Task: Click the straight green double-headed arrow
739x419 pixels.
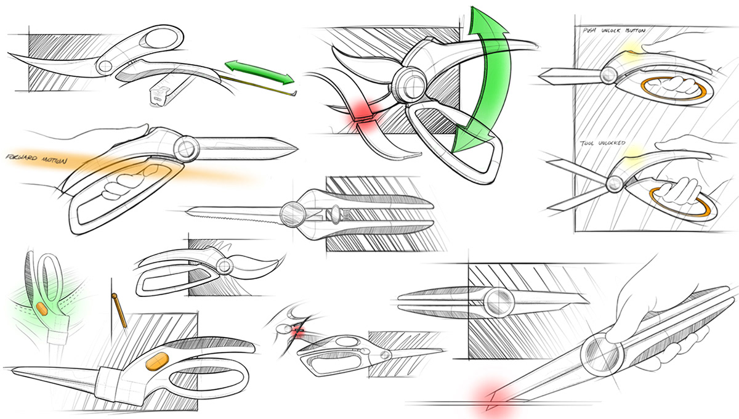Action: click(x=260, y=72)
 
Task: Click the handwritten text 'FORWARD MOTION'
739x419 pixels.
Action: click(x=36, y=158)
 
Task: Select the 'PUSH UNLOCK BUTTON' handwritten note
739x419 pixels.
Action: click(x=614, y=30)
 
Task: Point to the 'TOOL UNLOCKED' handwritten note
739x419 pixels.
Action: click(x=602, y=143)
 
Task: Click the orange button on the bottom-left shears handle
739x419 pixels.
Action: click(x=158, y=361)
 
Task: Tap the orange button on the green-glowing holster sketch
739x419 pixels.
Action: click(x=42, y=309)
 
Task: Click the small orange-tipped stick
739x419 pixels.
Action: click(x=119, y=311)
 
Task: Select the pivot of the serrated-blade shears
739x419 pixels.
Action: click(x=293, y=214)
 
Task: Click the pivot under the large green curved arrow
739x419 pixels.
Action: click(x=409, y=83)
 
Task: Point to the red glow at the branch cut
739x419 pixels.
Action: click(x=362, y=116)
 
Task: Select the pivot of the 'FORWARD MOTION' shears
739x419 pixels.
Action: click(x=186, y=148)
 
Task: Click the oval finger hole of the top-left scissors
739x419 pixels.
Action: click(x=161, y=39)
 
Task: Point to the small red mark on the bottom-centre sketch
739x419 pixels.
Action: click(x=298, y=332)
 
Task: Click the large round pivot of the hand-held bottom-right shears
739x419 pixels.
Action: click(x=602, y=354)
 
